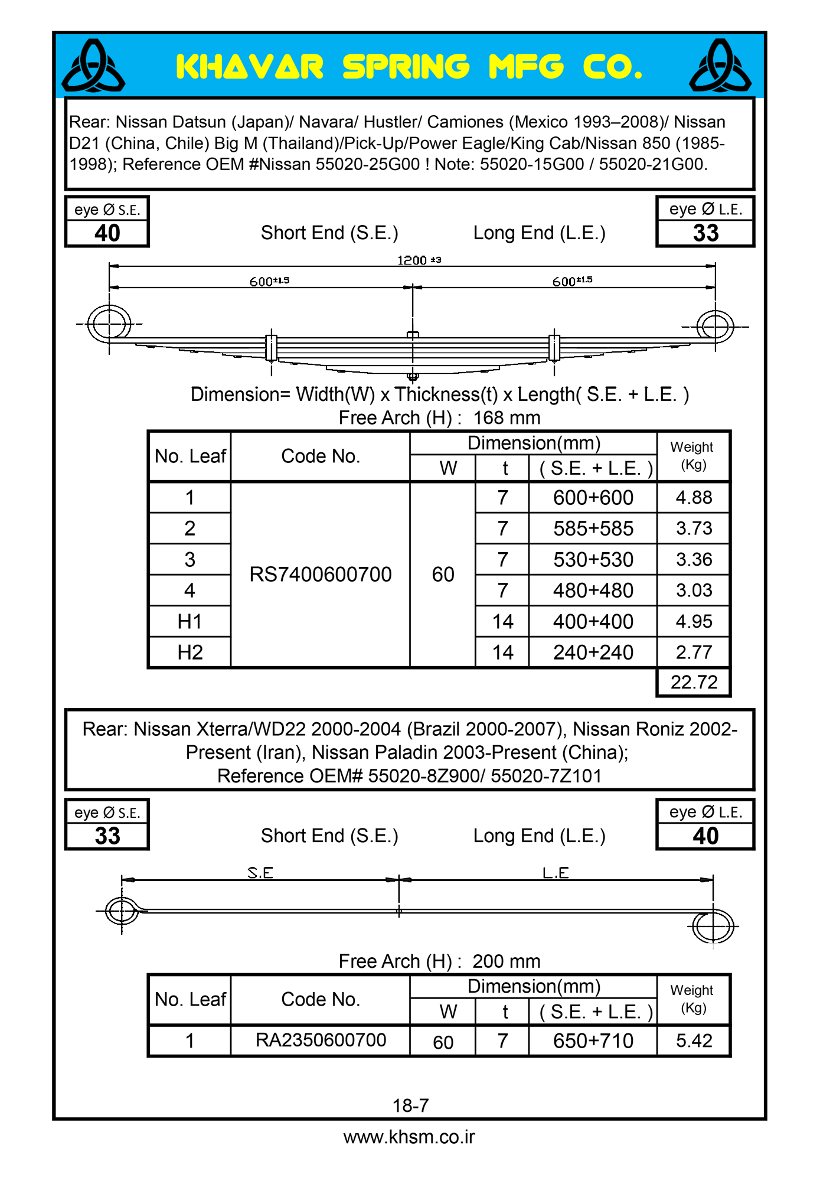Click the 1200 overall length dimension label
point(419,260)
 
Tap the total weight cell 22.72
point(694,682)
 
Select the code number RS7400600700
point(320,574)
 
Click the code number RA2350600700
point(320,1040)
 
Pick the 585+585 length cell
point(593,528)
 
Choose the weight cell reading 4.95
point(694,621)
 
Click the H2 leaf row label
point(190,653)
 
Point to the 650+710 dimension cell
point(593,1040)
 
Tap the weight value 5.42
point(694,1040)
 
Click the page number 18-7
point(410,1105)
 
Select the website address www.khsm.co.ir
point(409,1137)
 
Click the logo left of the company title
point(93,66)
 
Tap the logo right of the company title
point(720,66)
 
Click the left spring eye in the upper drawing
point(109,324)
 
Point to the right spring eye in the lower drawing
point(713,926)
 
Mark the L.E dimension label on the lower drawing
point(556,873)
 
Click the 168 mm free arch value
point(507,417)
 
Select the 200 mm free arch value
point(507,961)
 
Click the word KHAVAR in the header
point(250,67)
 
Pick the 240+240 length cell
point(593,653)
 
